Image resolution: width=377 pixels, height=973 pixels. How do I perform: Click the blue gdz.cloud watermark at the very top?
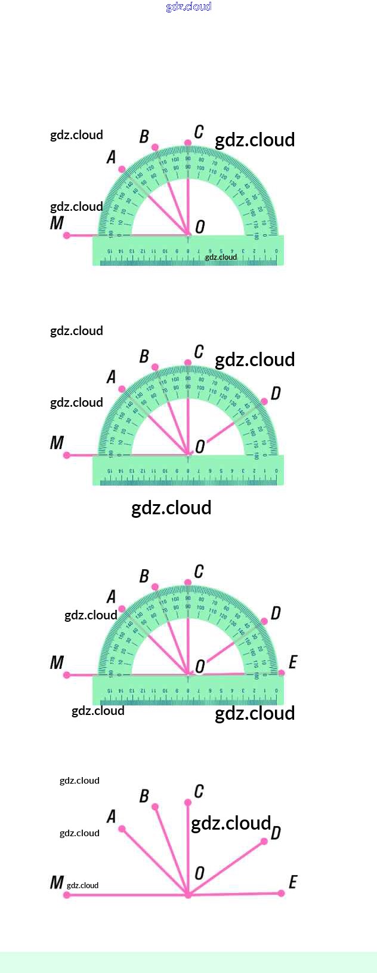tap(188, 7)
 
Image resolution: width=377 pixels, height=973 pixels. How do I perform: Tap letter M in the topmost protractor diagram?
tap(57, 223)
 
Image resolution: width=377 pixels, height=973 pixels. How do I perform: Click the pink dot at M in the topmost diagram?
tap(67, 235)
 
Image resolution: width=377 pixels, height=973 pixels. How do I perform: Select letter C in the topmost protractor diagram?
tap(199, 132)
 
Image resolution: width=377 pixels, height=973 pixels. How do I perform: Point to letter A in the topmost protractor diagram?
tap(111, 157)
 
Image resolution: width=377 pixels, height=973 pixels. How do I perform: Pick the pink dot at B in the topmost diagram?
tap(155, 147)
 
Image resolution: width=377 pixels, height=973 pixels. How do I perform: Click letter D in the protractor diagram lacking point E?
tap(275, 393)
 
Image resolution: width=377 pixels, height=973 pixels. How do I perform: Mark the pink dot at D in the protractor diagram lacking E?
tap(265, 401)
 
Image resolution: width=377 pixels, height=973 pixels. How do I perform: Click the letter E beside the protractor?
tap(292, 662)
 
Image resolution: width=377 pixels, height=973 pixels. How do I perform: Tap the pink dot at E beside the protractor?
tap(282, 673)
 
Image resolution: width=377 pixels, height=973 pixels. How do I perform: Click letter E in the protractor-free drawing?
tap(292, 882)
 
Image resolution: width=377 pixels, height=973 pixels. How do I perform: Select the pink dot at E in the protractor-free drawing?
tap(282, 894)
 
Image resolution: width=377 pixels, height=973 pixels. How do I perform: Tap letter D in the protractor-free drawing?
tap(275, 833)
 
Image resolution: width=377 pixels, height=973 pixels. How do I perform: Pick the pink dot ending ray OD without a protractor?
tap(265, 842)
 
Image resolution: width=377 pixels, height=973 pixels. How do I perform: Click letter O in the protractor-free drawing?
tap(199, 873)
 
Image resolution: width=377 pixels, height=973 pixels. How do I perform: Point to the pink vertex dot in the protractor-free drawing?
tap(188, 895)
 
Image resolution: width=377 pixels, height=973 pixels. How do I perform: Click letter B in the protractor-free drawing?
tap(144, 796)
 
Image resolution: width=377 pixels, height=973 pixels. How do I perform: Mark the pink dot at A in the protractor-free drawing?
tap(122, 828)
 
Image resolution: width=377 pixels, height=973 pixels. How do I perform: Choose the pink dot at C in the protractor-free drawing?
tap(188, 802)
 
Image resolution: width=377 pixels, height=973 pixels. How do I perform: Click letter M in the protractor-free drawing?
tap(57, 882)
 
